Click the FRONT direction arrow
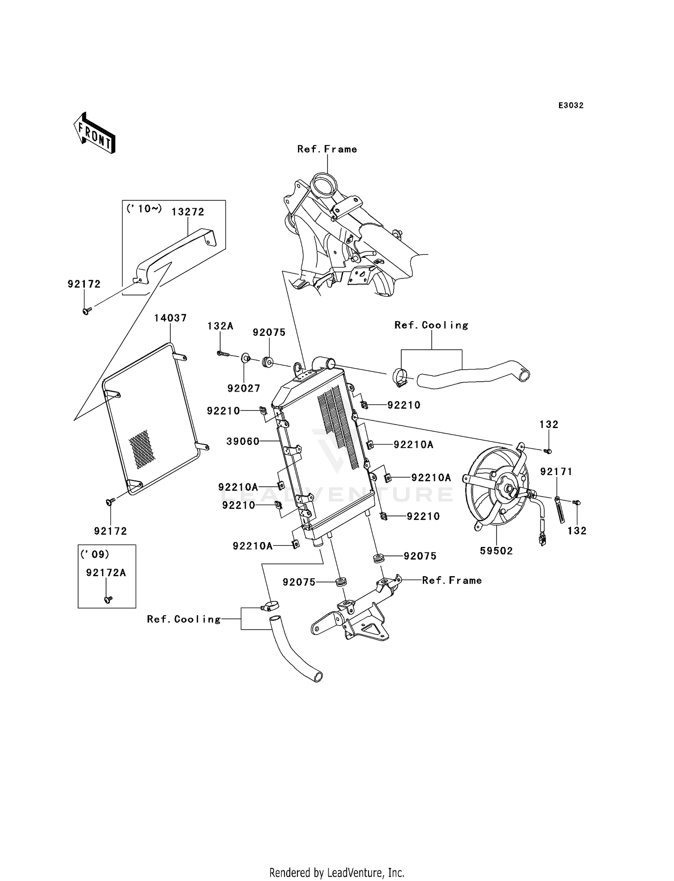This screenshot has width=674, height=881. tap(94, 133)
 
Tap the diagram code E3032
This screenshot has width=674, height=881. tap(571, 106)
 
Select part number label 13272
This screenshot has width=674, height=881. tap(188, 211)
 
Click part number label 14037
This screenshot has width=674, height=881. tap(170, 318)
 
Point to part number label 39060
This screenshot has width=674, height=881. tap(243, 441)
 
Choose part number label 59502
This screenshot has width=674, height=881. tap(496, 551)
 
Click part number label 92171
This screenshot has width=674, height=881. tap(556, 471)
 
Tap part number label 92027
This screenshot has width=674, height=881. tap(244, 388)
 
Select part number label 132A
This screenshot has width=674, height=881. tap(220, 326)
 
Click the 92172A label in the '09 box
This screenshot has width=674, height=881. tap(106, 573)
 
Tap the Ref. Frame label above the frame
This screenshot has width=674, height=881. tap(327, 149)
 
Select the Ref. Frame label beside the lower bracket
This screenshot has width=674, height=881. tap(452, 580)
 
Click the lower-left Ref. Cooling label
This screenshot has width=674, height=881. tap(184, 619)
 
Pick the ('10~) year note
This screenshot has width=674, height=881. tap(144, 208)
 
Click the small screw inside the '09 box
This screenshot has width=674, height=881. tap(107, 599)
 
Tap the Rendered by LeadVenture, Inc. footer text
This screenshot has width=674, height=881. tap(337, 872)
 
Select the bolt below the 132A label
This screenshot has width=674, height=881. tap(222, 354)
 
